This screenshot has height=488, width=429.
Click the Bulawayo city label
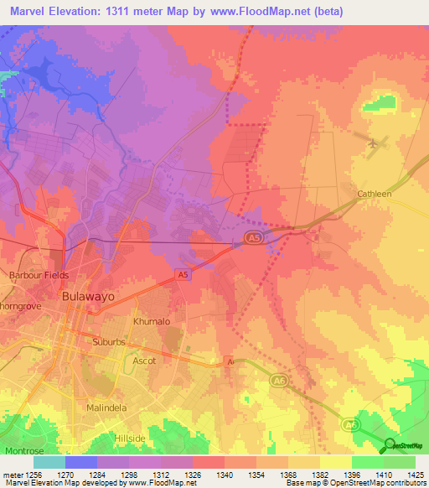point(88,296)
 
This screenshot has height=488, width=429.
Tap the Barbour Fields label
point(38,275)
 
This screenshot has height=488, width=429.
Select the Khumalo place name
point(152,321)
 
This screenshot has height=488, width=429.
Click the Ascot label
point(144,361)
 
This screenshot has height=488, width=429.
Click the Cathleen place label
point(375,194)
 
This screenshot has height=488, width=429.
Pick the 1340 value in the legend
point(225,473)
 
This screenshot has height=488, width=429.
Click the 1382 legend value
point(319,473)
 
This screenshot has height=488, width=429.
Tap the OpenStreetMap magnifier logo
point(390,445)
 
